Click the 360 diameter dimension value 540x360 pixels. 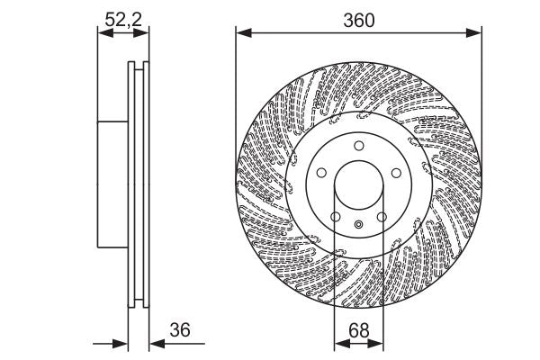point(358,19)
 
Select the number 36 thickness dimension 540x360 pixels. point(181,329)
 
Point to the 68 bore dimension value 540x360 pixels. point(358,329)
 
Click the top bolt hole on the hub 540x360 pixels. point(357,147)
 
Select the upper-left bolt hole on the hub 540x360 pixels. point(321,174)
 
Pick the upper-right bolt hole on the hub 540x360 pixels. point(394,174)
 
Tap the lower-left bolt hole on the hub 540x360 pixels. point(335,217)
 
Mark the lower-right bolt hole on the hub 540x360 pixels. point(381,217)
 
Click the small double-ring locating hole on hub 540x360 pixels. point(358,225)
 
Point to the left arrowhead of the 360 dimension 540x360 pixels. point(241,33)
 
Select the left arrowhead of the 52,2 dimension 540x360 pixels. point(102,33)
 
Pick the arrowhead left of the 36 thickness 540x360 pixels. point(123,343)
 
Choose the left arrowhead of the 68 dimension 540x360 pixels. point(339,343)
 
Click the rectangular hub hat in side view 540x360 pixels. point(112,184)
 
